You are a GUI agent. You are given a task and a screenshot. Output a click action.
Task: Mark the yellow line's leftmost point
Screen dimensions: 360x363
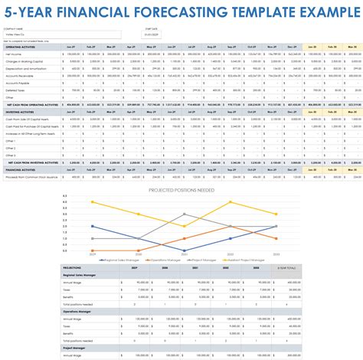pyautogui.click(x=92, y=202)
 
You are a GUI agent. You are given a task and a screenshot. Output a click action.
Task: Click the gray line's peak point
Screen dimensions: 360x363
pyautogui.click(x=185, y=214)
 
